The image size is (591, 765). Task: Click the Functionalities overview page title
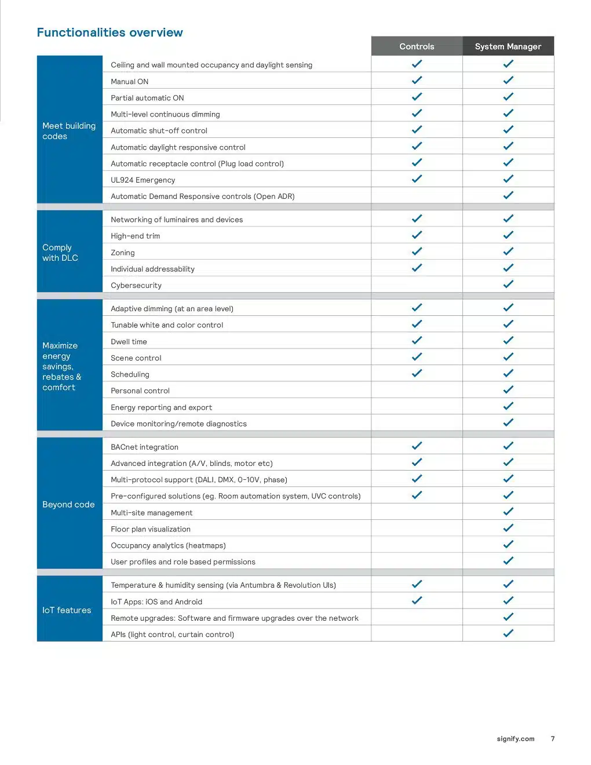point(110,32)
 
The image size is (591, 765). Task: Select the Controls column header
point(417,46)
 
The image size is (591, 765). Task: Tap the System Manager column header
point(508,46)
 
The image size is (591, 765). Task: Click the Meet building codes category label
point(69,131)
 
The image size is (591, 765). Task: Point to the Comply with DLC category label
point(60,253)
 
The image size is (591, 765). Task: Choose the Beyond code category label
point(68,504)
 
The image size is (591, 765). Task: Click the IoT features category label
point(67,610)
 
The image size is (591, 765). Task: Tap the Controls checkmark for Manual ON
point(417,81)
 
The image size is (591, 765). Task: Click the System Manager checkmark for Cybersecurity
point(508,285)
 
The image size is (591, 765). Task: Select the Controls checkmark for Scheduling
point(417,374)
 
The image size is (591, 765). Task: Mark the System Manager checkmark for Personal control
point(508,390)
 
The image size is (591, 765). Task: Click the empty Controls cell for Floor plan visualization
point(417,529)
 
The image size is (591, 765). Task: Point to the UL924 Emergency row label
point(143,180)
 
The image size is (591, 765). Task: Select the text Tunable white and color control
point(167,325)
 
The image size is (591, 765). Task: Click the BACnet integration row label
point(145,447)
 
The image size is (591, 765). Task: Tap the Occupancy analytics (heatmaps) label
point(168,545)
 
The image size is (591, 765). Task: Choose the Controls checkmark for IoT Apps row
point(417,601)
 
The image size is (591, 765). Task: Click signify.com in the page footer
point(516,739)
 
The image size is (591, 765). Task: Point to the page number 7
point(553,739)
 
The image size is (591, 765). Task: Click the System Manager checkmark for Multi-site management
point(508,512)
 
